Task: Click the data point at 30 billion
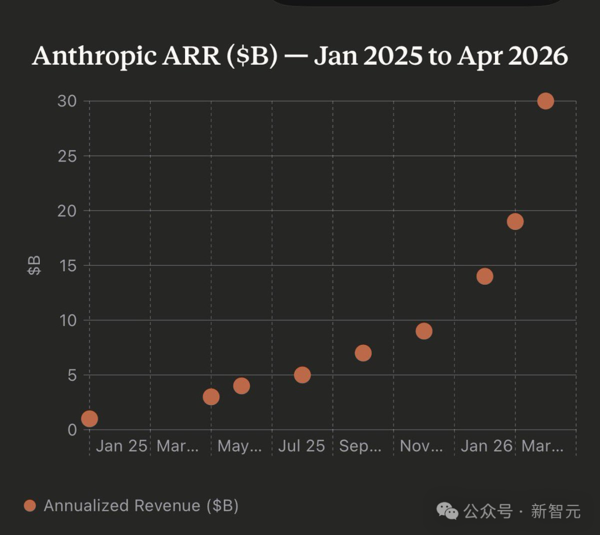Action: pyautogui.click(x=546, y=101)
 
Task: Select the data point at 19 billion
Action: pyautogui.click(x=515, y=222)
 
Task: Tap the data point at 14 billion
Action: pyautogui.click(x=484, y=276)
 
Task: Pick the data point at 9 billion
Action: pyautogui.click(x=424, y=331)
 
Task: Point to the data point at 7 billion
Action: pyautogui.click(x=363, y=353)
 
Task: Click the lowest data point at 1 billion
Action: pyautogui.click(x=89, y=418)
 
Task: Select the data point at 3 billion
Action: pyautogui.click(x=211, y=397)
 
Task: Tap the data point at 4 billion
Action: pyautogui.click(x=241, y=386)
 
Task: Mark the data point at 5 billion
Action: pyautogui.click(x=302, y=375)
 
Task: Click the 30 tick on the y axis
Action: pyautogui.click(x=67, y=101)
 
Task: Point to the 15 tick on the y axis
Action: pyautogui.click(x=67, y=266)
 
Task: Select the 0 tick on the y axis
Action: pyautogui.click(x=72, y=430)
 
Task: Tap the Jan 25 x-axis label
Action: pyautogui.click(x=122, y=446)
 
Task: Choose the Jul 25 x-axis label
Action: pyautogui.click(x=302, y=446)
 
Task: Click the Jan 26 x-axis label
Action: pyautogui.click(x=487, y=446)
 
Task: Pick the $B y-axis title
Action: pyautogui.click(x=34, y=266)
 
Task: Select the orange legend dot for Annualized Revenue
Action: pyautogui.click(x=30, y=506)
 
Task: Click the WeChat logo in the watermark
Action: pyautogui.click(x=447, y=511)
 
